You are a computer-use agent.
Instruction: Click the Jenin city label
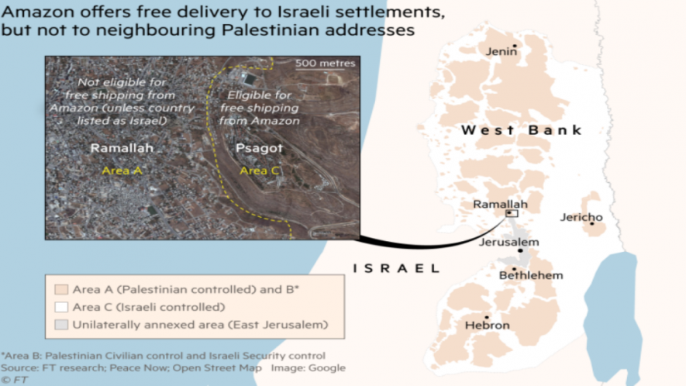pyautogui.click(x=502, y=52)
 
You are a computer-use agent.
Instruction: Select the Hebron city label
pyautogui.click(x=488, y=326)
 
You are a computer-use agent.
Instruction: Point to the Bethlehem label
pyautogui.click(x=531, y=275)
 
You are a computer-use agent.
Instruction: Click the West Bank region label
pyautogui.click(x=521, y=130)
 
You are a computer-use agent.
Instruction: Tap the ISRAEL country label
pyautogui.click(x=396, y=268)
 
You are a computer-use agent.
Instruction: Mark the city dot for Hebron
pyautogui.click(x=487, y=317)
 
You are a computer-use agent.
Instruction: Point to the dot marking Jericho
pyautogui.click(x=592, y=222)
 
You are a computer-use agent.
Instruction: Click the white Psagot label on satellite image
pyautogui.click(x=253, y=148)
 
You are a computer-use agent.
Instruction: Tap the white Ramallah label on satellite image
pyautogui.click(x=122, y=148)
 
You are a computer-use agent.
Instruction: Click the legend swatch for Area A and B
pyautogui.click(x=60, y=289)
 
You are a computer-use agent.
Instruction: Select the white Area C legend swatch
pyautogui.click(x=60, y=306)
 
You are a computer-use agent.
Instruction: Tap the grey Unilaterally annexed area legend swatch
pyautogui.click(x=60, y=324)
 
